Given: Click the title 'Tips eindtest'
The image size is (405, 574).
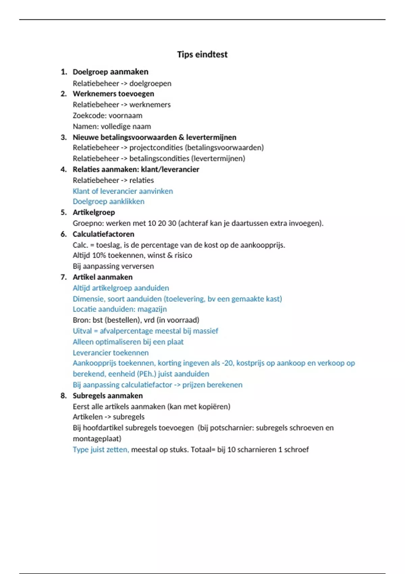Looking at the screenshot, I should tap(202, 54).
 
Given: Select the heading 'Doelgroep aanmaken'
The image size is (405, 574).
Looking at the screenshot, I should tap(110, 72).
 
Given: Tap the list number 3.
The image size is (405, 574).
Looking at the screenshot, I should tap(63, 137).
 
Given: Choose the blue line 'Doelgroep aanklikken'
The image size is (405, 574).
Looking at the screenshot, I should tap(108, 202).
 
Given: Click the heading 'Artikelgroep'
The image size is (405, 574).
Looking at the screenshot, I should tap(94, 212).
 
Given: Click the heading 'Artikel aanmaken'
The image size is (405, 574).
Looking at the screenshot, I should tap(103, 277).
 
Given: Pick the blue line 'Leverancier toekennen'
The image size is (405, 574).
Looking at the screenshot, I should tap(111, 353).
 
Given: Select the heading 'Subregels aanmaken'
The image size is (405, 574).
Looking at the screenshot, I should tap(108, 396).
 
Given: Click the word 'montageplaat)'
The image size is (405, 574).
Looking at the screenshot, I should tap(97, 439).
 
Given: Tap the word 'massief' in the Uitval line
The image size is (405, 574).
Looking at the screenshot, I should tap(206, 331).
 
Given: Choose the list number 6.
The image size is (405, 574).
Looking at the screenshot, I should tap(63, 234).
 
